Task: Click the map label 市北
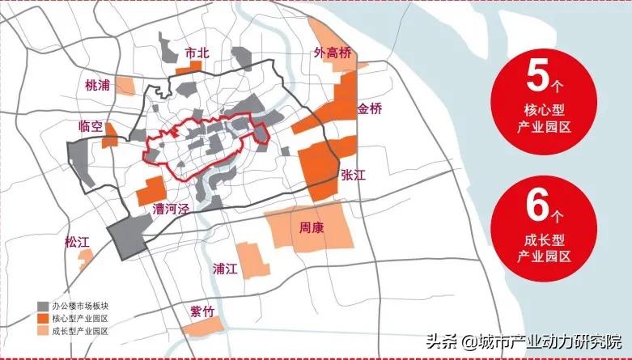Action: pyautogui.click(x=197, y=53)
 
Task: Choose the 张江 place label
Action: pyautogui.click(x=354, y=175)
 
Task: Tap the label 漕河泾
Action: pyautogui.click(x=171, y=210)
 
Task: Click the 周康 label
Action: pyautogui.click(x=312, y=228)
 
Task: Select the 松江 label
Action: pyautogui.click(x=80, y=241)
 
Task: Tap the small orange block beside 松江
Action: pyautogui.click(x=85, y=257)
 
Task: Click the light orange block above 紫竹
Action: pyautogui.click(x=203, y=327)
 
